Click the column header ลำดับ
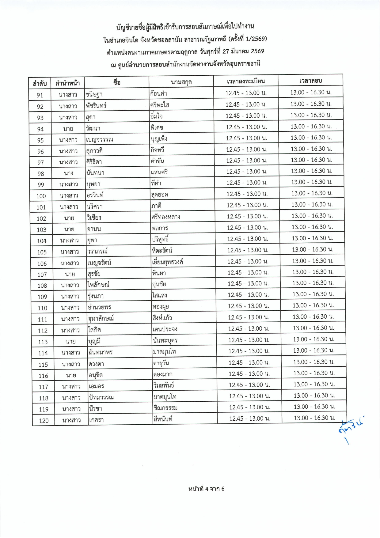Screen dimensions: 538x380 click(40, 83)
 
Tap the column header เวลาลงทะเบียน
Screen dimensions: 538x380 click(246, 81)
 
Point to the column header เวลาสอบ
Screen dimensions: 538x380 click(310, 81)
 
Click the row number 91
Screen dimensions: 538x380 click(40, 95)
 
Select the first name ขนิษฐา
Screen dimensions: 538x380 click(94, 94)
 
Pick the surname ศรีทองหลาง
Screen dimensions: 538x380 click(165, 217)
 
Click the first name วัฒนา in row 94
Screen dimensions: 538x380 click(93, 128)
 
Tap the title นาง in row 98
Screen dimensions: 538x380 click(68, 173)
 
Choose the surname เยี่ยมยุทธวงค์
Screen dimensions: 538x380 click(168, 262)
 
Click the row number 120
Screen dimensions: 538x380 click(44, 421)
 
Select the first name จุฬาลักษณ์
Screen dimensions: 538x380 click(101, 318)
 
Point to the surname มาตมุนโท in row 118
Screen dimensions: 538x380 click(165, 397)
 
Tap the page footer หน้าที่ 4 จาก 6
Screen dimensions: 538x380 click(206, 489)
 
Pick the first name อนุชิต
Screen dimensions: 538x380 click(96, 375)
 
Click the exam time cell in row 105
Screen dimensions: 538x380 click(313, 249)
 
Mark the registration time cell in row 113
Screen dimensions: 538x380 click(249, 340)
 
